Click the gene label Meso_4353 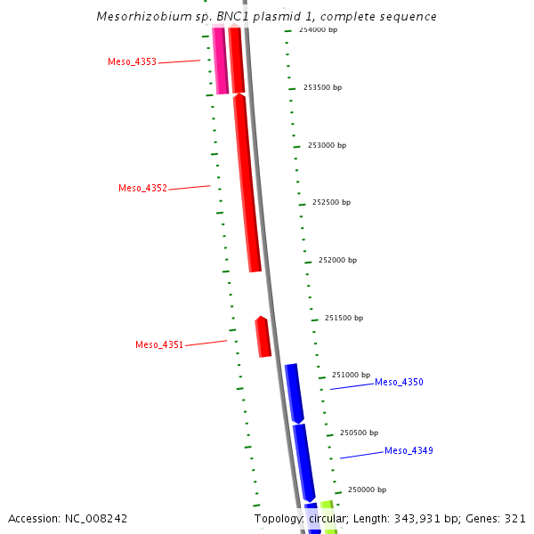132,62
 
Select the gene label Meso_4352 142,189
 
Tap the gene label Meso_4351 159,344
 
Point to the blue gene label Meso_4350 399,382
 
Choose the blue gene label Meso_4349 409,450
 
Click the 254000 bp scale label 319,30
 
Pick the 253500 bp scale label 322,87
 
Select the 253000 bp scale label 327,145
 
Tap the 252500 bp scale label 331,202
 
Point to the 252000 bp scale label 337,260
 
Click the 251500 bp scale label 344,318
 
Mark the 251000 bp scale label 351,375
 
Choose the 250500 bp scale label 359,433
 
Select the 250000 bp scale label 367,489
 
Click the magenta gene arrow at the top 220,61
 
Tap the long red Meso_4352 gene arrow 247,182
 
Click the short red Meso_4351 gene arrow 263,337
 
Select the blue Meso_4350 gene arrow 294,392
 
